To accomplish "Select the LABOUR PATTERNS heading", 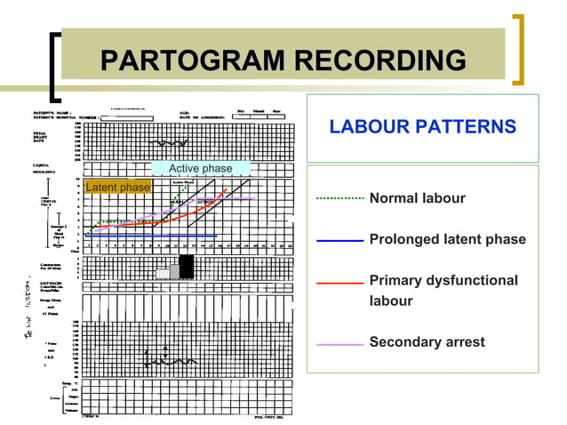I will (422, 127).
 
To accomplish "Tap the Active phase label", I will (200, 168).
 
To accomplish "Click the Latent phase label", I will (117, 188).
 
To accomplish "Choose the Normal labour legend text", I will (417, 197).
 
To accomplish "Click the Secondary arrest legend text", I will (427, 341).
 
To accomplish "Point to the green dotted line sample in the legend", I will (339, 198).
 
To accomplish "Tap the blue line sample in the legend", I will (339, 240).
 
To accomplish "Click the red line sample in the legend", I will (339, 282).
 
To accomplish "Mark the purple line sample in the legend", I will (339, 342).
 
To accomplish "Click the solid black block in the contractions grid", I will (187, 267).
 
